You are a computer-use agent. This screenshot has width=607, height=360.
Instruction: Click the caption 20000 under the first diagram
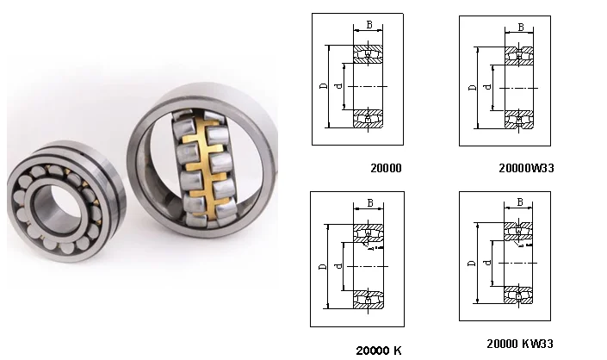[x=386, y=168]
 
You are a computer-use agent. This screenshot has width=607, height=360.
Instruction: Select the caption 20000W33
[x=526, y=168]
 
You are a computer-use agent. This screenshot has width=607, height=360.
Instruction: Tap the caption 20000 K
[x=379, y=351]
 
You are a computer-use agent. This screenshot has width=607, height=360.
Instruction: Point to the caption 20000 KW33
[x=520, y=344]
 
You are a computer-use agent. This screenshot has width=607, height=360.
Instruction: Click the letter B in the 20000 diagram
[x=369, y=25]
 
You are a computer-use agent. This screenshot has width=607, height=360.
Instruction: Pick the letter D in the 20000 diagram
[x=324, y=85]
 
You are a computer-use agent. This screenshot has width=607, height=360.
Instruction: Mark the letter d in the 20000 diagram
[x=338, y=85]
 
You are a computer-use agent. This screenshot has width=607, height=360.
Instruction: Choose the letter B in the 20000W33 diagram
[x=521, y=27]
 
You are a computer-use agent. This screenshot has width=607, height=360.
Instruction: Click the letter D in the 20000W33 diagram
[x=473, y=87]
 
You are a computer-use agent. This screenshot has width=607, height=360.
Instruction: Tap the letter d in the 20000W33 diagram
[x=488, y=87]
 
